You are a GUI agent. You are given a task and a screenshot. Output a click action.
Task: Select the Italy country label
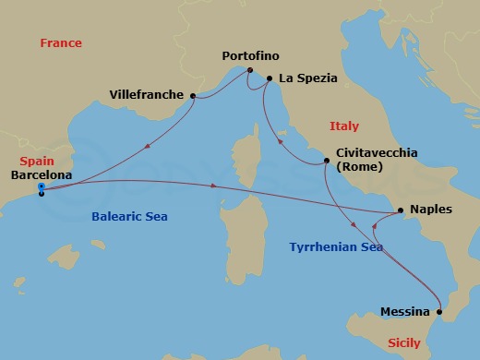[344, 126]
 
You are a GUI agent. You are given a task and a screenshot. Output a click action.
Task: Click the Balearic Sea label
[137, 217]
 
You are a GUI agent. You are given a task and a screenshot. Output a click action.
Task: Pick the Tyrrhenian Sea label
[335, 247]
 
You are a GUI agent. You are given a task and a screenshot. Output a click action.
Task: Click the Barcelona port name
[42, 173]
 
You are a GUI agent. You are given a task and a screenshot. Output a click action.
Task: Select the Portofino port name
[250, 56]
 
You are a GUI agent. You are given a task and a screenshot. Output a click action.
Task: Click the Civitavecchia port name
[378, 152]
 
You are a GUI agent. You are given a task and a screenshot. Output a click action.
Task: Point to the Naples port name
[431, 210]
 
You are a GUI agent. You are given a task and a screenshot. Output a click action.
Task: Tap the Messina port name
[406, 312]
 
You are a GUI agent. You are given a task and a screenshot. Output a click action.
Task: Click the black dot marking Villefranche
[193, 95]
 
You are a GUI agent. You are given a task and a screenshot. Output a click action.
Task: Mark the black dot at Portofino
[248, 70]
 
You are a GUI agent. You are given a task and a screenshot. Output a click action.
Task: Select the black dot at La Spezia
[269, 79]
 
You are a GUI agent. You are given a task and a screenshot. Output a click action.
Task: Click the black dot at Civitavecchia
[326, 162]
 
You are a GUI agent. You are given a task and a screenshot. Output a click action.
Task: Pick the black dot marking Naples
[400, 210]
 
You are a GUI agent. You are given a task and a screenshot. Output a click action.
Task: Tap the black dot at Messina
[440, 312]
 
